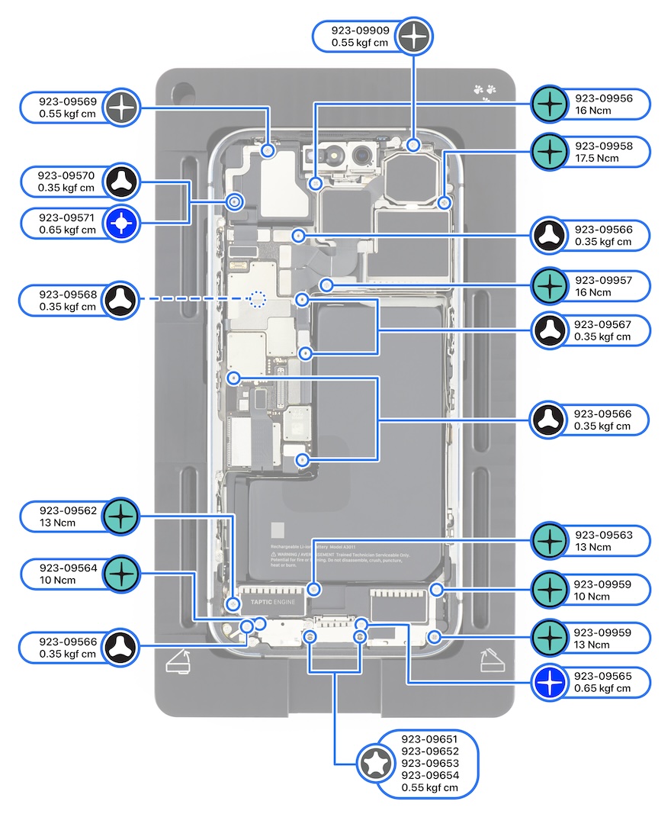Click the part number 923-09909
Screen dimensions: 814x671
[361, 31]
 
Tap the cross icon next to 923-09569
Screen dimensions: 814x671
[122, 108]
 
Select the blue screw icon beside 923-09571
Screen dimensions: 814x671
[122, 224]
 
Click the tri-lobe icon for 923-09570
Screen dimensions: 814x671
[122, 181]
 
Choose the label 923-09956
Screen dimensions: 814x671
[604, 98]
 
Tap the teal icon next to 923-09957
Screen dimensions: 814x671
[548, 286]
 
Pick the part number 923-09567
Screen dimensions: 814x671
[604, 323]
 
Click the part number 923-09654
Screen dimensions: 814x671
[430, 775]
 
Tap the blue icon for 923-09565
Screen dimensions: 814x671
[548, 682]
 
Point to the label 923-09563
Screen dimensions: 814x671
[604, 535]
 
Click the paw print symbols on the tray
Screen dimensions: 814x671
[484, 91]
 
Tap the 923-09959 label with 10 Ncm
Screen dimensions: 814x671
[604, 584]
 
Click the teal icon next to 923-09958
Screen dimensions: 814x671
[548, 152]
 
